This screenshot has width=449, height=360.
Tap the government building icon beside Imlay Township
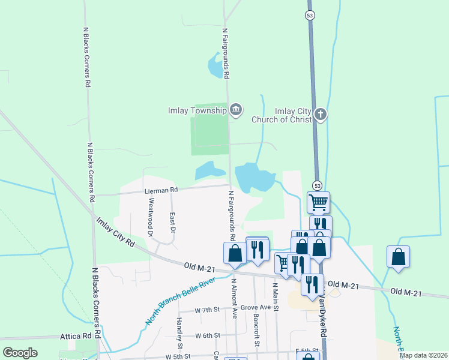[236, 109]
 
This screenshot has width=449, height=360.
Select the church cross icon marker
[321, 114]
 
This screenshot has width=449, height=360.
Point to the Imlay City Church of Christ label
[293, 115]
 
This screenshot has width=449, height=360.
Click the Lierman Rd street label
[161, 190]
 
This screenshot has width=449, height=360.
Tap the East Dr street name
[172, 222]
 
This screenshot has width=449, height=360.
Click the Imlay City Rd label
[115, 232]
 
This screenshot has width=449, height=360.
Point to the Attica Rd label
[75, 338]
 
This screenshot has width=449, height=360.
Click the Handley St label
[179, 333]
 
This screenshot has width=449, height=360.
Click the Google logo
[20, 352]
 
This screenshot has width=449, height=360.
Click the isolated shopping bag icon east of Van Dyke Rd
[398, 257]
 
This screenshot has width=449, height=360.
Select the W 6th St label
[208, 335]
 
